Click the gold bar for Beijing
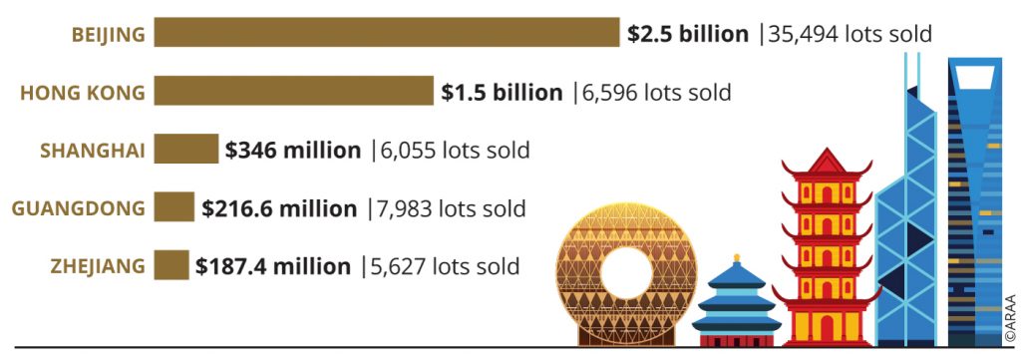(387, 33)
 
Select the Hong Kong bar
(294, 92)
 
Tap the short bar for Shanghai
(185, 151)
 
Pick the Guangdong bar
(173, 208)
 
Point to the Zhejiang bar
(170, 266)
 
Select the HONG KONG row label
(83, 93)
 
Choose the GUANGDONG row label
(79, 209)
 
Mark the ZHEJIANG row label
(98, 267)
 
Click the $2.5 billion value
(688, 34)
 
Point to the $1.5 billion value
(502, 93)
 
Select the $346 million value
(293, 151)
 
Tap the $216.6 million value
(279, 209)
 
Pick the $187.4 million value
(273, 267)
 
